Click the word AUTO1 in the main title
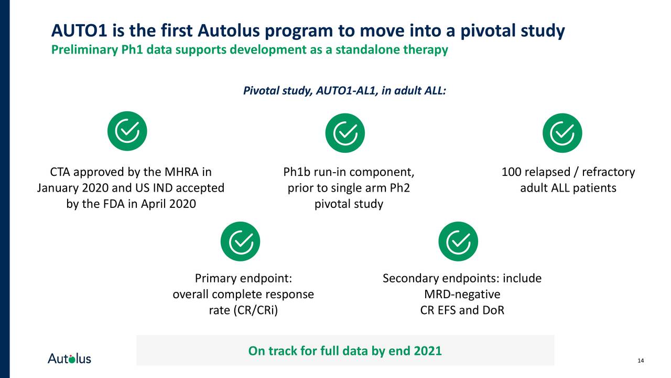click(79, 31)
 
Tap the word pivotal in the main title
click(488, 31)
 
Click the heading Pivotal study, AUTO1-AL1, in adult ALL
click(344, 91)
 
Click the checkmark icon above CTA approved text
click(127, 131)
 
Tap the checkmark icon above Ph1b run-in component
click(345, 131)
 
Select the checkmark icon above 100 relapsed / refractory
click(562, 131)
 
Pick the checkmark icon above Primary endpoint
click(240, 241)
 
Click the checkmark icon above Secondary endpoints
click(458, 241)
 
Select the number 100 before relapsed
click(512, 172)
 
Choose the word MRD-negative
click(462, 294)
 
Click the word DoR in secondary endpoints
click(493, 310)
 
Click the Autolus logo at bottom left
click(69, 359)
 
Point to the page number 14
click(640, 360)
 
